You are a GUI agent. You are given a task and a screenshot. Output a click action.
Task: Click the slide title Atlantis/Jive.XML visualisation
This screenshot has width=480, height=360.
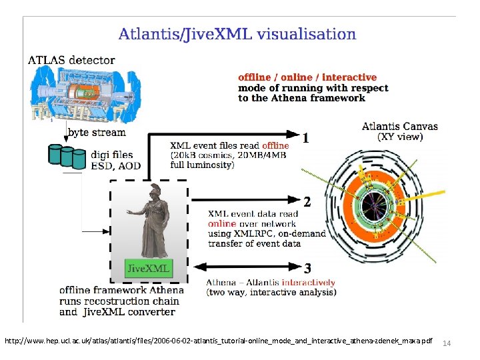click(237, 34)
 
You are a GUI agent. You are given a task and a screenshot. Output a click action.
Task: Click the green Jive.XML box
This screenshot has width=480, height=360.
click(149, 269)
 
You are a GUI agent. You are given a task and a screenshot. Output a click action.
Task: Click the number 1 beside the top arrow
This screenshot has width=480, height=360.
click(305, 139)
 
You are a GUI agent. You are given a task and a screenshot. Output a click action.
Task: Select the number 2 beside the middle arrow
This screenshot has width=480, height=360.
click(306, 201)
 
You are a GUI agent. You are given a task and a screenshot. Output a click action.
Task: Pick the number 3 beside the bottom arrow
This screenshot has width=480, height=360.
click(307, 269)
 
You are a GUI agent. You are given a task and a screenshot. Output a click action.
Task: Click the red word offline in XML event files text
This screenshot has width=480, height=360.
click(275, 145)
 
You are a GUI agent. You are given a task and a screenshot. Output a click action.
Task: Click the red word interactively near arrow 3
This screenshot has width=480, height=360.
click(309, 282)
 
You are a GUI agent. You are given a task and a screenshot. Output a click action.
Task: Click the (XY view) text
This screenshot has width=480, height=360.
click(400, 137)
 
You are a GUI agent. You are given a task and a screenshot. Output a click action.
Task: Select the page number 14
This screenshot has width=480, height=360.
click(447, 343)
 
